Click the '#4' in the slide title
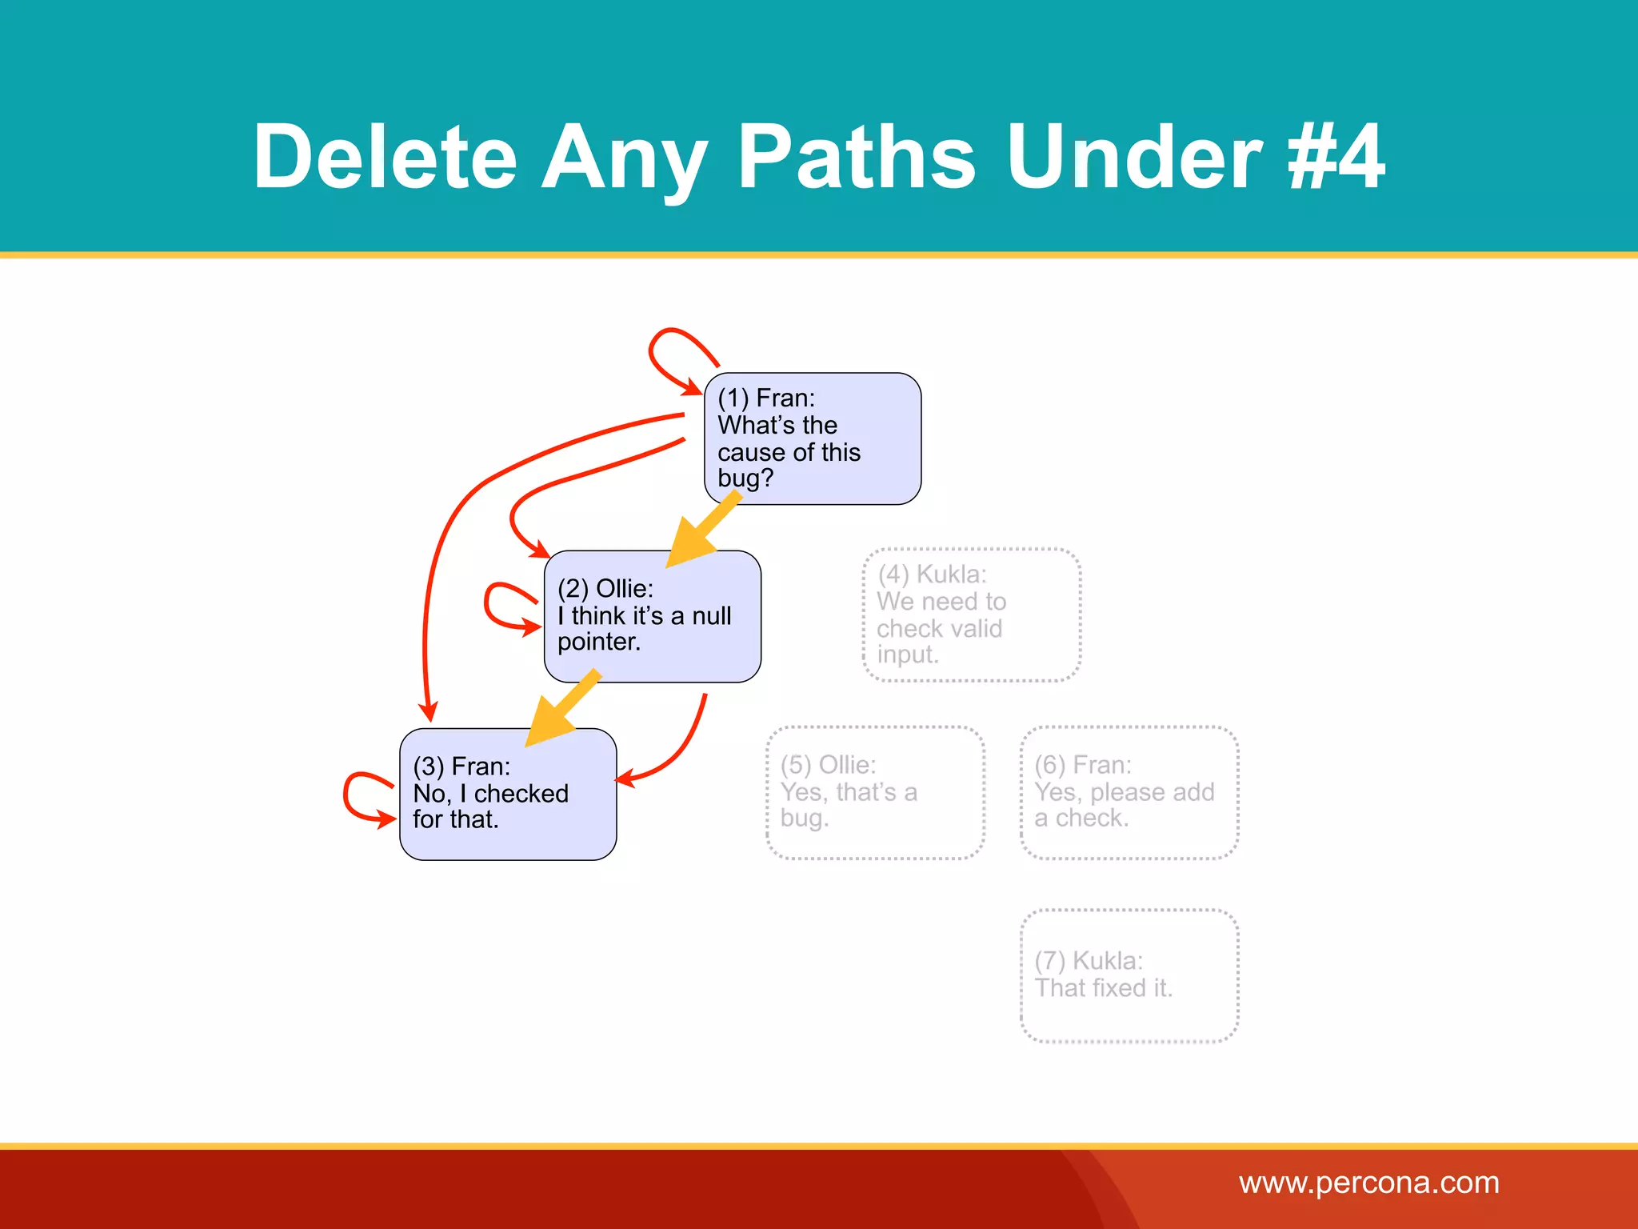(1336, 158)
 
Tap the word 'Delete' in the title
(385, 158)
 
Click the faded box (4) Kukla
(972, 614)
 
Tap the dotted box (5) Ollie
(875, 792)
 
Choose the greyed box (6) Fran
(1129, 792)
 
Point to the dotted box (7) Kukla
(1129, 975)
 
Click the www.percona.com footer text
(1368, 1183)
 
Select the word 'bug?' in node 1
(745, 478)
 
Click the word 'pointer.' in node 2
(599, 642)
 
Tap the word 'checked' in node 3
(521, 793)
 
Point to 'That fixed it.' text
(1103, 988)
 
